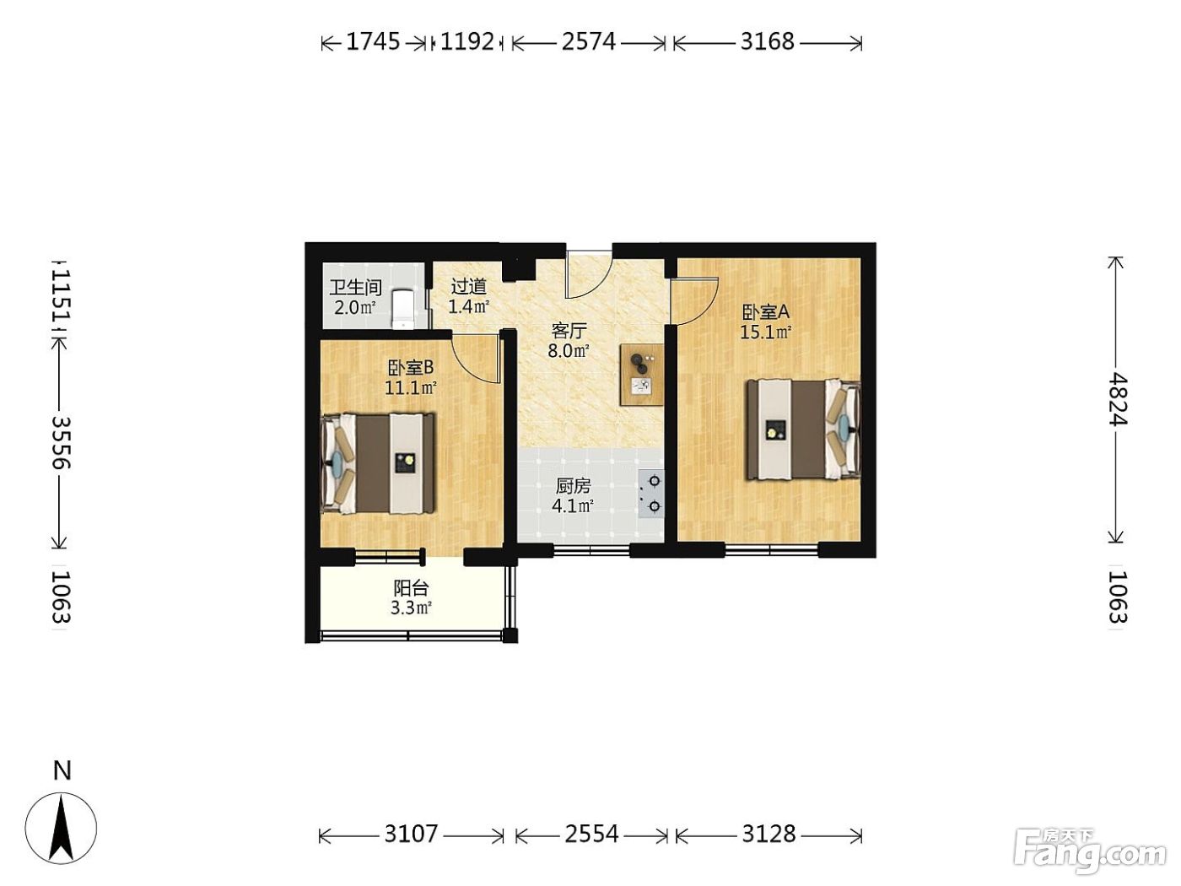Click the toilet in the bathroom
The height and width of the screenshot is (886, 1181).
pos(403,309)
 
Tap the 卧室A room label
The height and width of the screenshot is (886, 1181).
pos(765,312)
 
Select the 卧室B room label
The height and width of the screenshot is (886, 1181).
pos(411,368)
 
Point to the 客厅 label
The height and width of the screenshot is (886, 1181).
pos(569,330)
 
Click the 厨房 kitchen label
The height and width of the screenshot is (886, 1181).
pos(573,486)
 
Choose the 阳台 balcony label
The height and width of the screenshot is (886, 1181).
pos(411,588)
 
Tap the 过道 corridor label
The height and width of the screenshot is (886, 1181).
pos(469,286)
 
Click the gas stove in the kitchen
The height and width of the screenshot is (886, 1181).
pos(650,494)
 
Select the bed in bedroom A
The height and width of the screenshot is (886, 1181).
pos(802,429)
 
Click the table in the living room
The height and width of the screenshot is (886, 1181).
pos(641,375)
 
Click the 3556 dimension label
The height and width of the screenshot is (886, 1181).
pos(62,443)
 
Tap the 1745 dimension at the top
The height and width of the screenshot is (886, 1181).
pos(372,41)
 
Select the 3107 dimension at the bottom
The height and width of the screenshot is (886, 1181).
pos(411,834)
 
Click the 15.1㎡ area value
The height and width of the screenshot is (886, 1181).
pos(765,332)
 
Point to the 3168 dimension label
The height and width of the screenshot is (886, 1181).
pos(767,41)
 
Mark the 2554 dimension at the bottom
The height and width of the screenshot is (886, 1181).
pos(591,834)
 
